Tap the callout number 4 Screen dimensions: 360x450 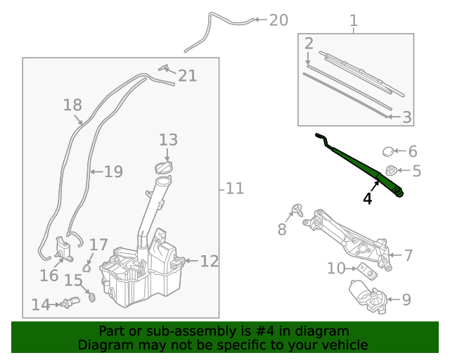pyautogui.click(x=367, y=199)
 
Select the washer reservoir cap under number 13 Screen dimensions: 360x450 pyautogui.click(x=165, y=169)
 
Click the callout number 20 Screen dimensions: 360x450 pyautogui.click(x=278, y=20)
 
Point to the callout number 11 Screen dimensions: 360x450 pyautogui.click(x=234, y=188)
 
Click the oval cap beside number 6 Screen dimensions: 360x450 pyautogui.click(x=389, y=150)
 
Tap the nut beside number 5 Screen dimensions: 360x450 pyautogui.click(x=392, y=170)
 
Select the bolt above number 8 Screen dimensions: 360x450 pyautogui.click(x=297, y=209)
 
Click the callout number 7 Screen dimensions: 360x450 pyautogui.click(x=407, y=255)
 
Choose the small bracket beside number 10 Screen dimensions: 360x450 pyautogui.click(x=365, y=271)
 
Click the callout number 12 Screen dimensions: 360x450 pyautogui.click(x=209, y=262)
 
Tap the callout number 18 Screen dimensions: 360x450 pyautogui.click(x=72, y=105)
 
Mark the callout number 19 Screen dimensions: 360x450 pyautogui.click(x=113, y=171)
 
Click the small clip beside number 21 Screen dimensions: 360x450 pyautogui.click(x=165, y=68)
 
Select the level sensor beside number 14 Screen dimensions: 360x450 pyautogui.click(x=67, y=304)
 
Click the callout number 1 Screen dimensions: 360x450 pyautogui.click(x=354, y=22)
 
